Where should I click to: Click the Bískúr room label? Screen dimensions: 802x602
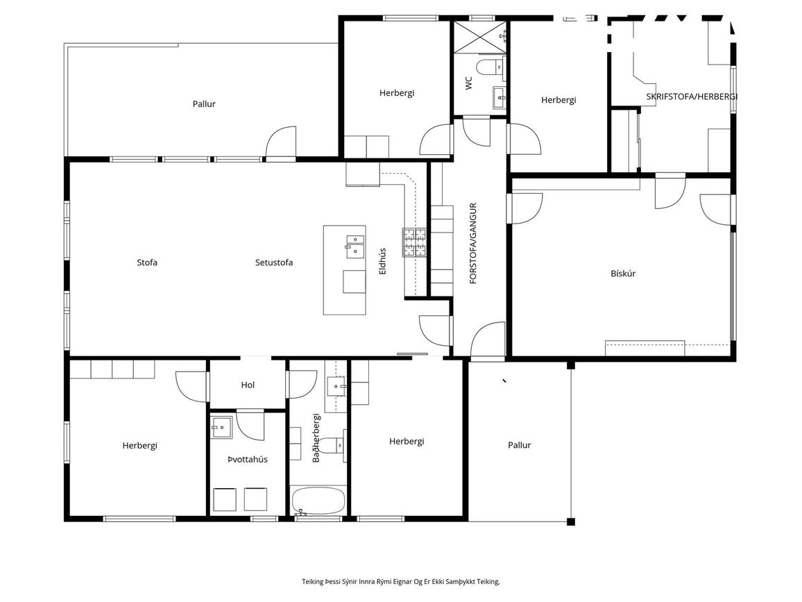point(623,274)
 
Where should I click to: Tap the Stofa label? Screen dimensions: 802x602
point(147,262)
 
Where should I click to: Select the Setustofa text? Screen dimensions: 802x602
point(274,262)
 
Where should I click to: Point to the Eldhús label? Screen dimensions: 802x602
point(382,261)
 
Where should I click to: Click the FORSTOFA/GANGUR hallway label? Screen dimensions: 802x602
point(473,243)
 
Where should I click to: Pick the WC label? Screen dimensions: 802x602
point(469,83)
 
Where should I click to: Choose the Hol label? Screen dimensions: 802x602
point(248,385)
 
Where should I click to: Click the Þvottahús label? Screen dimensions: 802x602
point(248,459)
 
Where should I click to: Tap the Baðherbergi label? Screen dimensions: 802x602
point(316,438)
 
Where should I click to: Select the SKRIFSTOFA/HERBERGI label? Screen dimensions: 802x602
point(692,97)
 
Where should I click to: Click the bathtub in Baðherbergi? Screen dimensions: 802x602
point(318,501)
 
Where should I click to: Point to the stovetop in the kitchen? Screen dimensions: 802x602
point(414,242)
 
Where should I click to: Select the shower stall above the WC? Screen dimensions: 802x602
point(480,37)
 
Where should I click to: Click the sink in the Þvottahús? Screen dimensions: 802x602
point(222,427)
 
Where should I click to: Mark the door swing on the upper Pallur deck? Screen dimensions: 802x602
point(280,141)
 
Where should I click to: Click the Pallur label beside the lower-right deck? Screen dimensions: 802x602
point(519,445)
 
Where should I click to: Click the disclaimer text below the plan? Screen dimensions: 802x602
point(400,582)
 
